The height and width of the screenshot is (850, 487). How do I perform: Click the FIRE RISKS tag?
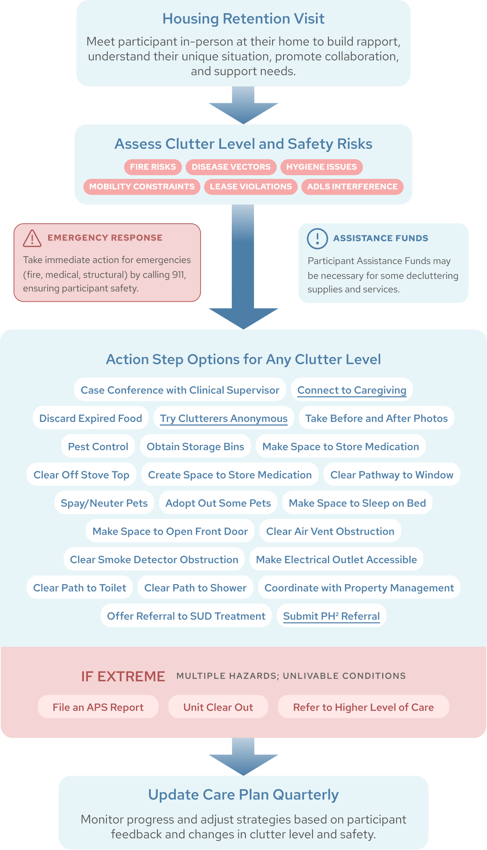point(153,167)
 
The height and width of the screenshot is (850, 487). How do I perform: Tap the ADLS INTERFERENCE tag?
point(352,187)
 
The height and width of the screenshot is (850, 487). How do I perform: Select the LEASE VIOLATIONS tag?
point(251,187)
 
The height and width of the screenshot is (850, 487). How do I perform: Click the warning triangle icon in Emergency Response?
point(32,239)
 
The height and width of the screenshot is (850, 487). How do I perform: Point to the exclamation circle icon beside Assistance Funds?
point(317,239)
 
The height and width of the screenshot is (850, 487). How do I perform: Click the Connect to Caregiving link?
point(352,390)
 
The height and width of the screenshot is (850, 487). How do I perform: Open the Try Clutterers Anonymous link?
point(224,418)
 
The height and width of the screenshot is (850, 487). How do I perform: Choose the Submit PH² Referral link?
point(331,616)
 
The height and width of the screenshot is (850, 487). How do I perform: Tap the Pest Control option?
point(98,447)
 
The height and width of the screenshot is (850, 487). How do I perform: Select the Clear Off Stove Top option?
point(81,475)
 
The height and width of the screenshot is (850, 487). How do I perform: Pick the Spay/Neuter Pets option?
point(104,503)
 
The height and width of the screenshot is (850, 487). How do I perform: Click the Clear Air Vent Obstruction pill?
point(330,531)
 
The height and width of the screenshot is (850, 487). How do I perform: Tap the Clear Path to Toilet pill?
point(80,588)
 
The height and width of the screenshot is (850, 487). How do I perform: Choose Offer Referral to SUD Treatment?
point(186,616)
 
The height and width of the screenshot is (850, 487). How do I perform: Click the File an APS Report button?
point(98,707)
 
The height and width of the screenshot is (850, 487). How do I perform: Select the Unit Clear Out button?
point(218,707)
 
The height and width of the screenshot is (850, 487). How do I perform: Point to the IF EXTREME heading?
point(123,676)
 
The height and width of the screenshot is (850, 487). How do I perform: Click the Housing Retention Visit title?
point(243,19)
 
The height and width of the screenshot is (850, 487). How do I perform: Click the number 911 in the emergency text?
point(178,275)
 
